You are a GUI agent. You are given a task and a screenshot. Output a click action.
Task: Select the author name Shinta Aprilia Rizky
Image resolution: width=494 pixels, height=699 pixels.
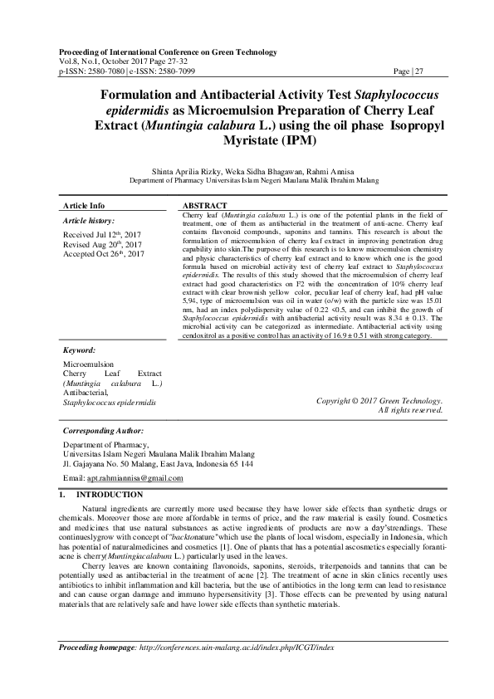(x=187, y=170)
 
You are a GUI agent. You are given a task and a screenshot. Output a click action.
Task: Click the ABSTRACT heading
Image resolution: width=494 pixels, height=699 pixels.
(x=204, y=204)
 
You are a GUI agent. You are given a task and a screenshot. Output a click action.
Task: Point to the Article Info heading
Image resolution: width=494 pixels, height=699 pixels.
(x=85, y=204)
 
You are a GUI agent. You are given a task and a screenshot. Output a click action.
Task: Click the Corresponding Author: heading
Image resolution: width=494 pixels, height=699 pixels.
(x=104, y=432)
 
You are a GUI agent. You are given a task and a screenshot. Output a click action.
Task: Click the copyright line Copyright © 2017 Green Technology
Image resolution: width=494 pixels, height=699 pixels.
(x=379, y=401)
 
